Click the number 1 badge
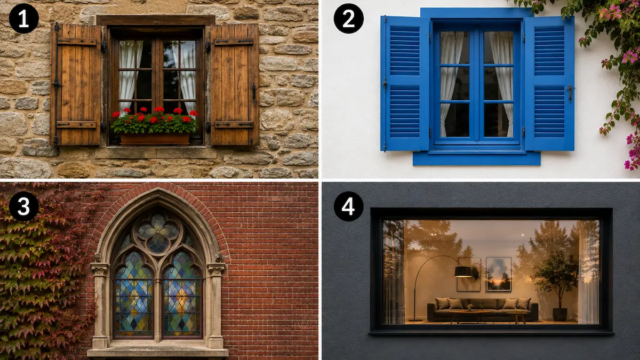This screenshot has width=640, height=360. point(23,19)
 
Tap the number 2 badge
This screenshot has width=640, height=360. point(349,19)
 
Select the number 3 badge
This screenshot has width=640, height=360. point(23,206)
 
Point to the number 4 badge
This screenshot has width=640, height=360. point(349,206)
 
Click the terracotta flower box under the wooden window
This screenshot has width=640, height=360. point(155,139)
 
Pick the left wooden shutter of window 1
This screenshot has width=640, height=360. point(75,85)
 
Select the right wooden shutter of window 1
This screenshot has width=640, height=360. point(235,85)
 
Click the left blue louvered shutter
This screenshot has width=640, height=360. point(405,83)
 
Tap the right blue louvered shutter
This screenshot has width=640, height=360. point(549,83)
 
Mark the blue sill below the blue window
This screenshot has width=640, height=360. point(477,158)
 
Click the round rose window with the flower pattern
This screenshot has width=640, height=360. point(158,234)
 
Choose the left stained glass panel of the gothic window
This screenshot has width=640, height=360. point(134,294)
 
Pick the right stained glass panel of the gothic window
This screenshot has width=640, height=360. point(182,294)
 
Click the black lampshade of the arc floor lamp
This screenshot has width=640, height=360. point(463,271)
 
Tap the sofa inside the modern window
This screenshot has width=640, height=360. point(483,309)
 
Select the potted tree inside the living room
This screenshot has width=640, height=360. point(556,286)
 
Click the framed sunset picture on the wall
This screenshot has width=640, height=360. point(499,274)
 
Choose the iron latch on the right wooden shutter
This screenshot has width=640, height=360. point(254,91)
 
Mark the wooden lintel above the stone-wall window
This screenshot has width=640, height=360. point(156,20)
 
